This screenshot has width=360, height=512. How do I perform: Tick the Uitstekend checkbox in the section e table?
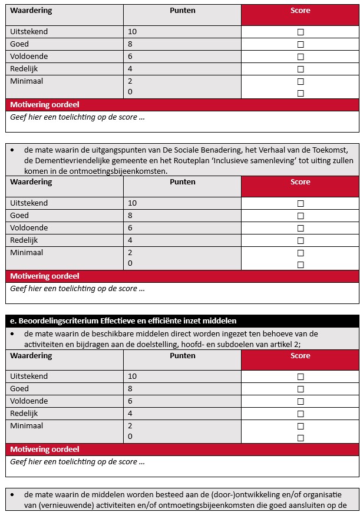pyautogui.click(x=300, y=376)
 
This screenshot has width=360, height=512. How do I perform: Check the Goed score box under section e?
pyautogui.click(x=300, y=389)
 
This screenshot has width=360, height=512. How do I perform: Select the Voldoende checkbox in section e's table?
pyautogui.click(x=300, y=401)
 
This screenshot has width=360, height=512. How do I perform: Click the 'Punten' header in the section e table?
pyautogui.click(x=183, y=356)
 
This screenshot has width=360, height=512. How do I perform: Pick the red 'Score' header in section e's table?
pyautogui.click(x=300, y=356)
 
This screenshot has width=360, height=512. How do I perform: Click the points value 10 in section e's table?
pyautogui.click(x=132, y=376)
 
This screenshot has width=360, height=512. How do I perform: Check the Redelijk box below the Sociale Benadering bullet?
pyautogui.click(x=300, y=240)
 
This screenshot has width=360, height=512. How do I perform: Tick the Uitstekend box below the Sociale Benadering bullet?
pyautogui.click(x=300, y=203)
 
